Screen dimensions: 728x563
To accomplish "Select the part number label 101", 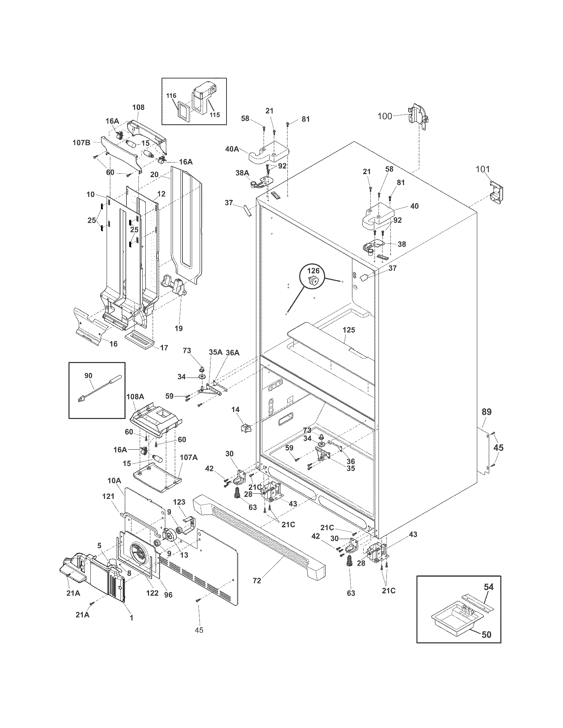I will tap(483, 169).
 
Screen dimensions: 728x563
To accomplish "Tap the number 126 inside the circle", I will tap(313, 271).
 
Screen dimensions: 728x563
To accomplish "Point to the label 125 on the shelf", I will tap(349, 330).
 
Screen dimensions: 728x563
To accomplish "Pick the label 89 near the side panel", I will tap(486, 412).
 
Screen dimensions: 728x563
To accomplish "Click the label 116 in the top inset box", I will tap(171, 96).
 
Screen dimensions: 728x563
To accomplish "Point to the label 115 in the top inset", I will tap(215, 115).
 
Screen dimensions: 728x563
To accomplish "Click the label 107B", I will tap(81, 143).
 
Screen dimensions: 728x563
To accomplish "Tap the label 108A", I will tap(135, 397).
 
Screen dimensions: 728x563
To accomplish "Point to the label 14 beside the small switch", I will tap(236, 410).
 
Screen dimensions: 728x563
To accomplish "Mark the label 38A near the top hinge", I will tap(242, 173).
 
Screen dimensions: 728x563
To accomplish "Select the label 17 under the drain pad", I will tap(164, 348).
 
